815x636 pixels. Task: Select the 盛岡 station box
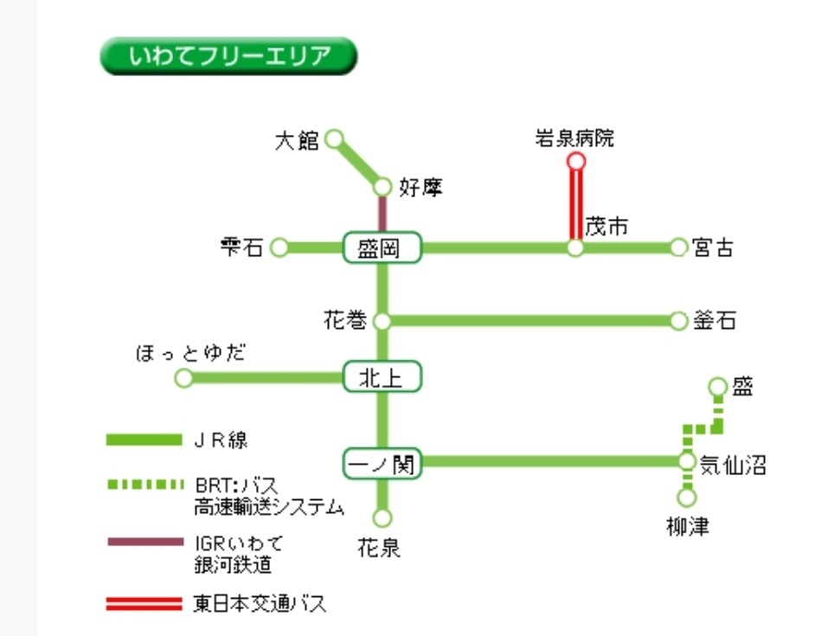click(x=382, y=248)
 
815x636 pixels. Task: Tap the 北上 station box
click(x=382, y=377)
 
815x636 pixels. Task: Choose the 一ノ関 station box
click(x=382, y=464)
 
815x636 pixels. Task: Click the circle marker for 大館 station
click(x=334, y=138)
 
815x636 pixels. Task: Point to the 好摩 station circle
click(x=382, y=186)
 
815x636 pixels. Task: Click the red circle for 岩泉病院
click(x=575, y=161)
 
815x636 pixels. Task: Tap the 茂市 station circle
click(x=575, y=248)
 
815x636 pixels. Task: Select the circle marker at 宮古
click(x=679, y=248)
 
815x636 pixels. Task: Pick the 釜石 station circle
click(x=679, y=321)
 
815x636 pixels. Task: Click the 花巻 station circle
click(x=382, y=321)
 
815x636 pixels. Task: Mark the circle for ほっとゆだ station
click(x=183, y=378)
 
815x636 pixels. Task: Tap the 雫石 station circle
click(x=279, y=248)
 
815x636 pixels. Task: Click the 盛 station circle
click(x=717, y=386)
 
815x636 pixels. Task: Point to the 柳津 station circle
click(x=687, y=498)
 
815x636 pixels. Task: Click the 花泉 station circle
click(x=382, y=517)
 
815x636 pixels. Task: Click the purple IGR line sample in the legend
click(x=144, y=543)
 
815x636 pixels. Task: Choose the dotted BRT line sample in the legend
click(x=144, y=484)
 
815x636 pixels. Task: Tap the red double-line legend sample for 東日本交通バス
click(x=144, y=604)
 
